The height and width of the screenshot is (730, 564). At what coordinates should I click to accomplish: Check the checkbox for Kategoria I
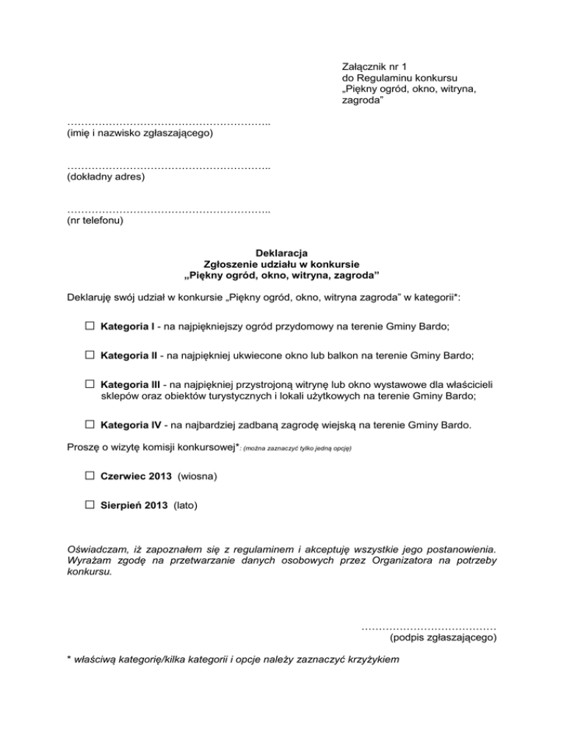click(89, 325)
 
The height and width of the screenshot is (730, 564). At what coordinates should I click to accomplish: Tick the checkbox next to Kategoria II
click(89, 354)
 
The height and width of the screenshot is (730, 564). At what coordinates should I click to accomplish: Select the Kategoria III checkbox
click(89, 383)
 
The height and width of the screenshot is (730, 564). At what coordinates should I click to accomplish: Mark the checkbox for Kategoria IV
click(89, 424)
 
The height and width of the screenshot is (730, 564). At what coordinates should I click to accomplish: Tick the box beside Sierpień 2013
click(89, 505)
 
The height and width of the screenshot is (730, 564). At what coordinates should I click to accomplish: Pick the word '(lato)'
click(185, 505)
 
